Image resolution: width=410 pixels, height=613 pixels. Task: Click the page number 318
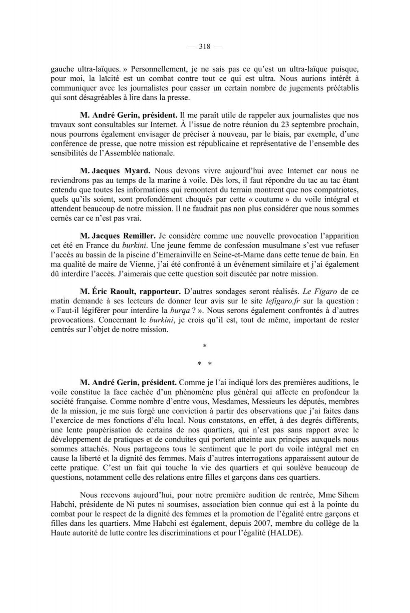[x=204, y=46]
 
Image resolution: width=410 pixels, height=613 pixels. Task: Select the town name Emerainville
[x=197, y=255]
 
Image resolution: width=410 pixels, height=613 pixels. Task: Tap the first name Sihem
[x=349, y=494]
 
